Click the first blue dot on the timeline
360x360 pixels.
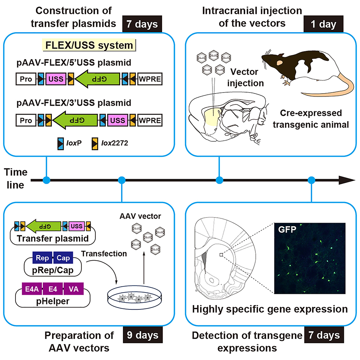[46, 180]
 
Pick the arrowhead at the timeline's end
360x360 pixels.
[347, 180]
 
